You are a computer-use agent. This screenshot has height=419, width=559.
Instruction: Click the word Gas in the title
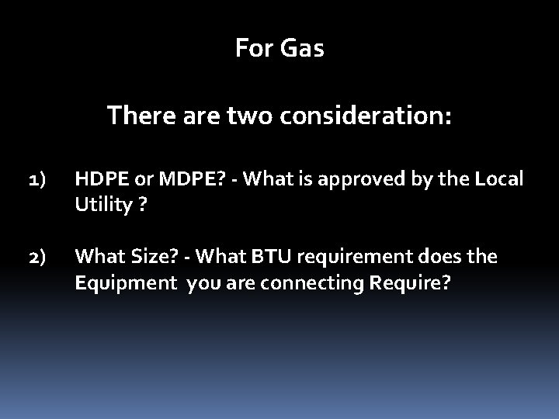[303, 49]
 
